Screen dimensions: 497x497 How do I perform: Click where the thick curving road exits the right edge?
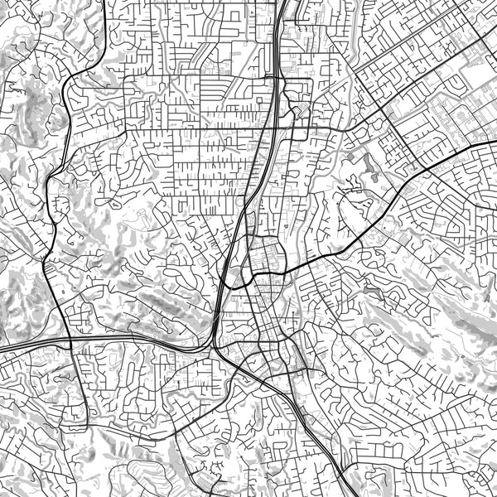click(x=495, y=142)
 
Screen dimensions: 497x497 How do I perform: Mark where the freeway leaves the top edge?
click(x=282, y=2)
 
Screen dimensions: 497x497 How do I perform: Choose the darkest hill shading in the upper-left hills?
click(x=37, y=104)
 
